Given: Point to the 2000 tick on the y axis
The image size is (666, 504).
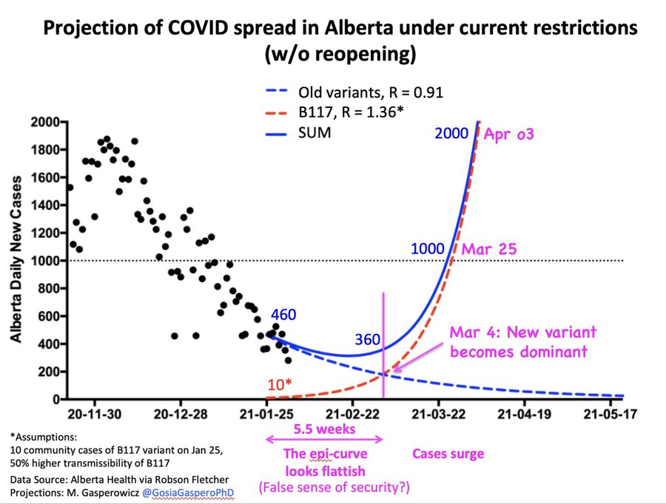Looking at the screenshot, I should pos(44,120).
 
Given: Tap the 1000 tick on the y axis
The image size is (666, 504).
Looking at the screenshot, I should pos(44,260).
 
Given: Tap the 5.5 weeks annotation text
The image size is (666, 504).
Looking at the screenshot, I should pos(323,429).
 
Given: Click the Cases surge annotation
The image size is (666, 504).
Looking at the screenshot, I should pos(448,454).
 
